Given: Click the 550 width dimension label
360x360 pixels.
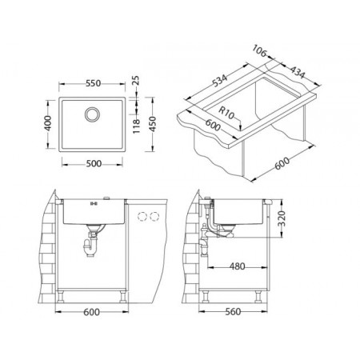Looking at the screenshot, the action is pyautogui.click(x=94, y=83).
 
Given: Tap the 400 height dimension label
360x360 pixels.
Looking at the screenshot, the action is pyautogui.click(x=48, y=123).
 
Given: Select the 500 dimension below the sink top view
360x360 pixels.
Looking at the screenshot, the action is pyautogui.click(x=94, y=163).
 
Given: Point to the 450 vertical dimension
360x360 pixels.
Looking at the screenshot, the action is pyautogui.click(x=153, y=124).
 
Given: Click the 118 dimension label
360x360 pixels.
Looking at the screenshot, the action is pyautogui.click(x=136, y=126).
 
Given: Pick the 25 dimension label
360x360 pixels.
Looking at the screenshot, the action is pyautogui.click(x=136, y=80).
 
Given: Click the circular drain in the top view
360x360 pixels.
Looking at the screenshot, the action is pyautogui.click(x=93, y=114).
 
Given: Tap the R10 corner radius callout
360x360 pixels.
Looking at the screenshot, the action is pyautogui.click(x=226, y=113).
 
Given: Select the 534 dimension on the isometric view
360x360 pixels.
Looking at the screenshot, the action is pyautogui.click(x=220, y=81).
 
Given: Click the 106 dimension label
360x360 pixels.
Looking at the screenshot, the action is pyautogui.click(x=259, y=50).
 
